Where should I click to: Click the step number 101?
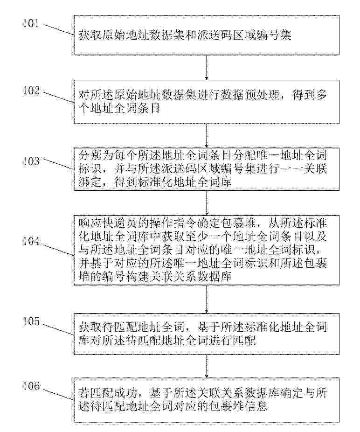click(x=31, y=23)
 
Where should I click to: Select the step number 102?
click(x=31, y=91)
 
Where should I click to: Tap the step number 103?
click(x=31, y=161)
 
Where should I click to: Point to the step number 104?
click(x=31, y=241)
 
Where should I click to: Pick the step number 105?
click(x=31, y=321)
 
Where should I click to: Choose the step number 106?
click(x=31, y=386)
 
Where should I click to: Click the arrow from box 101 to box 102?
click(x=207, y=68)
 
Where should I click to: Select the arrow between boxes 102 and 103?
click(x=207, y=136)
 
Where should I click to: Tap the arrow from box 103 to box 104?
click(x=207, y=203)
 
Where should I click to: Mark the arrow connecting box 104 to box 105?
click(x=207, y=299)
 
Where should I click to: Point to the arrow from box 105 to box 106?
click(x=207, y=366)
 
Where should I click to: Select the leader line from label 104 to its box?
click(x=58, y=249)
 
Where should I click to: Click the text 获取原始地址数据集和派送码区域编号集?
click(x=185, y=35)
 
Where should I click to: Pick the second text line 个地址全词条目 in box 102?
click(x=119, y=108)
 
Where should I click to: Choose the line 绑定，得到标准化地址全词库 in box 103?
click(x=155, y=182)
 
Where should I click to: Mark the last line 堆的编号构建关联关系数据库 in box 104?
click(x=155, y=276)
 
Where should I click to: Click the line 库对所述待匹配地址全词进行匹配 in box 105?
click(x=167, y=341)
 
